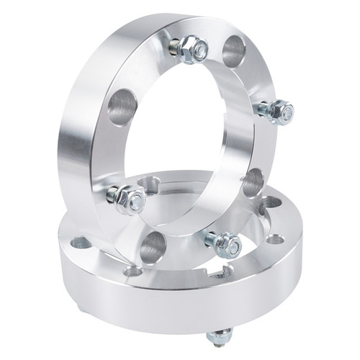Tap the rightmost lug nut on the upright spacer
coord(281,112)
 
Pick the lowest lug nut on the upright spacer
coord(228,245)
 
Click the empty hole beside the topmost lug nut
coord(234,50)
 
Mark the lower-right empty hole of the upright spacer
coord(252,183)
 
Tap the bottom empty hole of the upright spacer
coord(153,246)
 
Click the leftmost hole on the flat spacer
coord(81,243)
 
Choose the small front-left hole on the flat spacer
coord(132,271)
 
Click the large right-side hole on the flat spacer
coord(271,204)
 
